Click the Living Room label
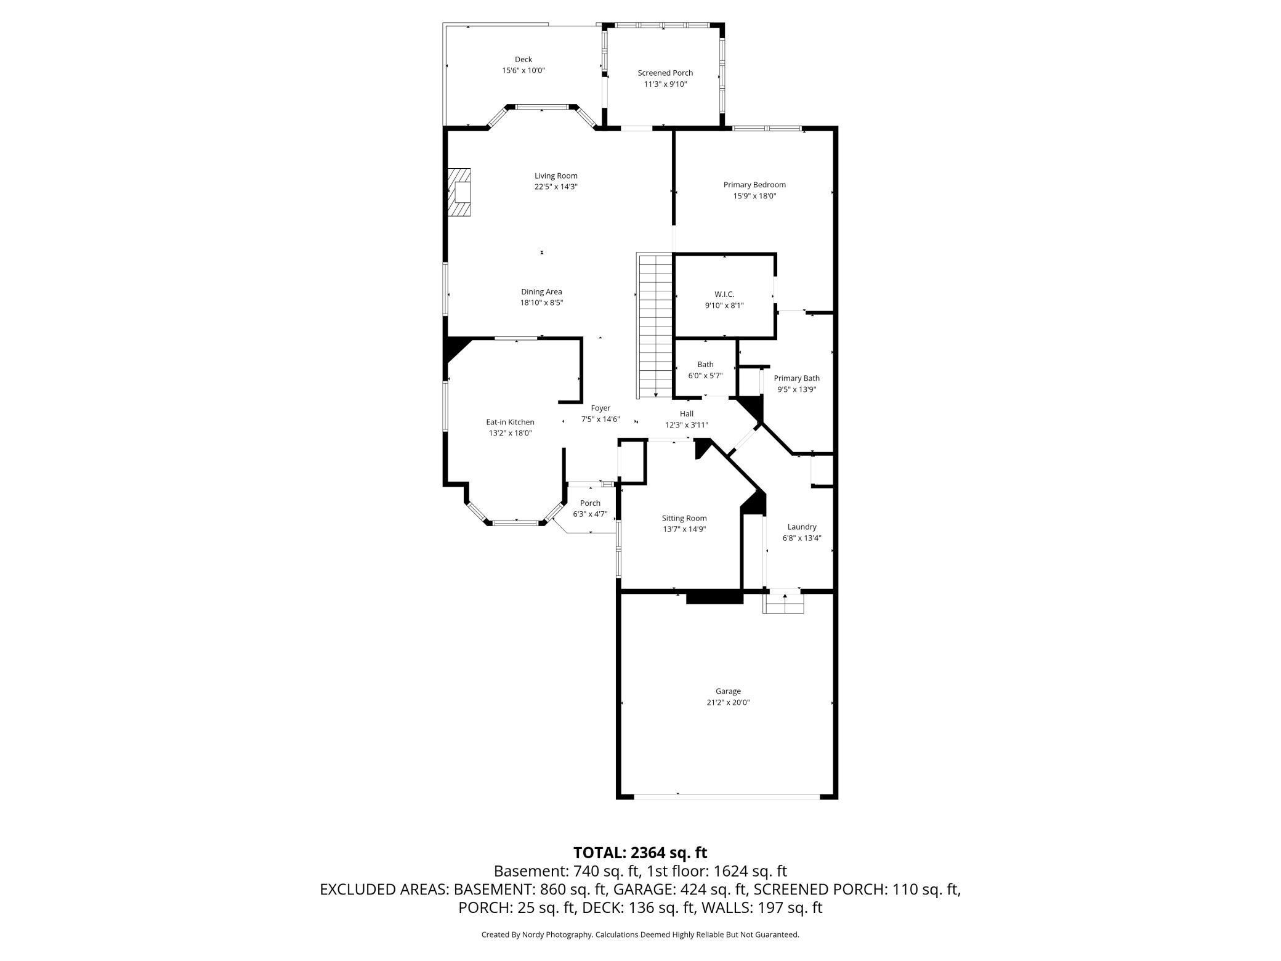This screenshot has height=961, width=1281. [x=556, y=176]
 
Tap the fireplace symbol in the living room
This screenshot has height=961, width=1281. [x=459, y=193]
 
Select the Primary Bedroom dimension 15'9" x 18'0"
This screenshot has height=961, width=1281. [x=754, y=196]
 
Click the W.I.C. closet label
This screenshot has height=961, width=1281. [x=724, y=294]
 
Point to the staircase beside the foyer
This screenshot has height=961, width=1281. [x=655, y=326]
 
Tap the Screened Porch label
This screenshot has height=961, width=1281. [x=665, y=73]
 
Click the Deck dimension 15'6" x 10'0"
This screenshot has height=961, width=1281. [x=523, y=71]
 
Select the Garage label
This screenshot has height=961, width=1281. [x=728, y=691]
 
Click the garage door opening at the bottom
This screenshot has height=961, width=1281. [x=727, y=797]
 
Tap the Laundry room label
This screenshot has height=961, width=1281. [x=802, y=527]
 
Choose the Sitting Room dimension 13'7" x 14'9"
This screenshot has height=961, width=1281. [x=684, y=529]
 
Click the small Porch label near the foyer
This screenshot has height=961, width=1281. [x=590, y=503]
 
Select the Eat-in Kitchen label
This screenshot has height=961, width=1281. [x=510, y=422]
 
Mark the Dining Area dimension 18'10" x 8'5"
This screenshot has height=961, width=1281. [x=541, y=302]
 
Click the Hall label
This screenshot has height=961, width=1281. [x=687, y=414]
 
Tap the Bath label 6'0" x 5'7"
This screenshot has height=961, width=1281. [x=705, y=365]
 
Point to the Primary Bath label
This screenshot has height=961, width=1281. [x=796, y=378]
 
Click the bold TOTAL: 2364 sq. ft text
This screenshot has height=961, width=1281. [x=640, y=853]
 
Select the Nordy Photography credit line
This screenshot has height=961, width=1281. [x=640, y=935]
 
